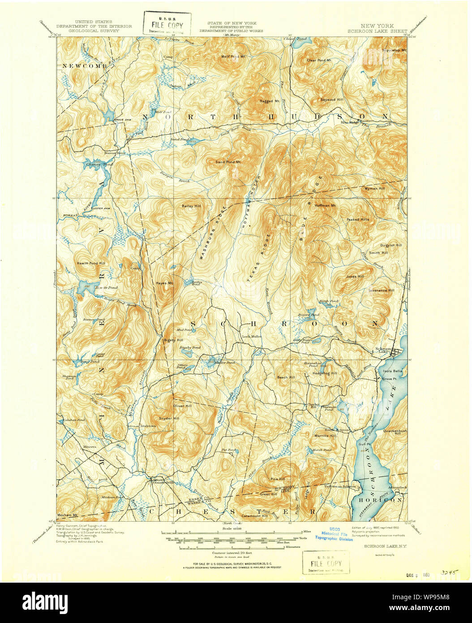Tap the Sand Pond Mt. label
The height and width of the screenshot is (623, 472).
(x=228, y=161)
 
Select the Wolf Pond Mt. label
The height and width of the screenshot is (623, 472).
(x=234, y=57)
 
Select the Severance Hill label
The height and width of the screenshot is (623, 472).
(x=381, y=290)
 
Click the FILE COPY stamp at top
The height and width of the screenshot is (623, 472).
(x=167, y=23)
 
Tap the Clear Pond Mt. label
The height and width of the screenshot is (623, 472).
(x=318, y=60)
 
